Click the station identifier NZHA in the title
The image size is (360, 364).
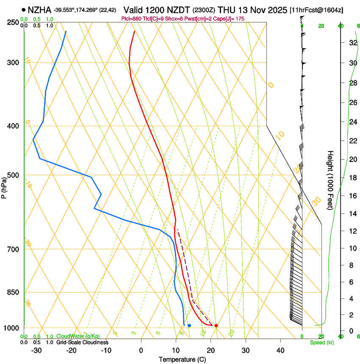point(39,9)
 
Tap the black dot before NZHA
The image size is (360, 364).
point(23,9)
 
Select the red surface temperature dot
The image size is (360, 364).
point(216,325)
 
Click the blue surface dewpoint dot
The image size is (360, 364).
point(189,325)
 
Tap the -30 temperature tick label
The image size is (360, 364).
point(36,350)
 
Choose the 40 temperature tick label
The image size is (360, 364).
point(280,350)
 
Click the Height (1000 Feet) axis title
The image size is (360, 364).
point(330,180)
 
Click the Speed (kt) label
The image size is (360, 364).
point(321,342)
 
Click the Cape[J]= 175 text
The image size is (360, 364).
point(231,19)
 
